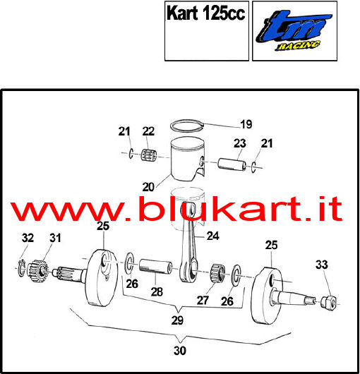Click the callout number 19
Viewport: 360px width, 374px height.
(246, 124)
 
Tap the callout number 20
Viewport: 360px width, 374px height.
(148, 187)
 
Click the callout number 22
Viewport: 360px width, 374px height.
(148, 131)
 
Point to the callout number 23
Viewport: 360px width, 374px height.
(240, 143)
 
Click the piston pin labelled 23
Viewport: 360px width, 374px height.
(232, 164)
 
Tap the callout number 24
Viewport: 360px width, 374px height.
(212, 236)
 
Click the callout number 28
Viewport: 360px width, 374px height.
(157, 291)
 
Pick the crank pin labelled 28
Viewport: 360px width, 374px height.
(156, 267)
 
